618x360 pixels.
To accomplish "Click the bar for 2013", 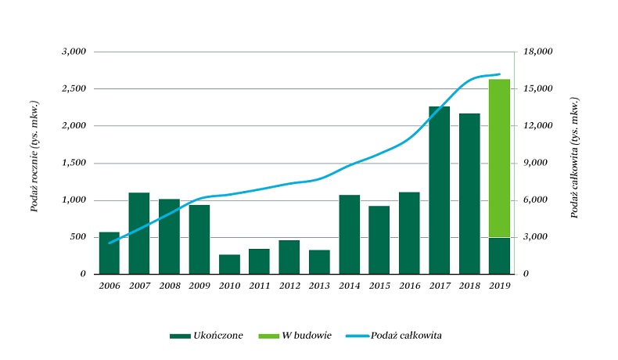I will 319,262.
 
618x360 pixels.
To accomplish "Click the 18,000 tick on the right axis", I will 537,52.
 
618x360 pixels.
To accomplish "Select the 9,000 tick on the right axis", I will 535,163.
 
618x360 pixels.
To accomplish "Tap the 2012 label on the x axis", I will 289,286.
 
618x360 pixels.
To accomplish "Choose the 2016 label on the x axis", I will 409,286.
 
